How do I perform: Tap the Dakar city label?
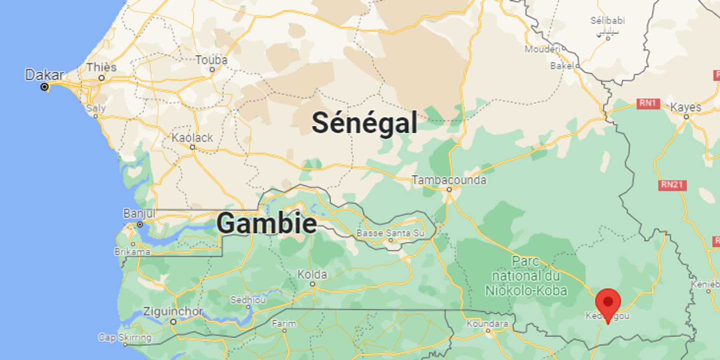pyautogui.click(x=44, y=75)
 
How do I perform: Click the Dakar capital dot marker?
pyautogui.click(x=44, y=87)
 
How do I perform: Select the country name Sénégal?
pyautogui.click(x=364, y=122)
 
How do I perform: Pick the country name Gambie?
pyautogui.click(x=266, y=223)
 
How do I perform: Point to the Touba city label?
pyautogui.click(x=211, y=60)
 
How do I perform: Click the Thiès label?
pyautogui.click(x=101, y=67)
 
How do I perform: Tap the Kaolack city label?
pyautogui.click(x=192, y=137)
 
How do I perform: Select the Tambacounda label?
pyautogui.click(x=449, y=180)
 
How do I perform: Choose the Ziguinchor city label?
pyautogui.click(x=173, y=311)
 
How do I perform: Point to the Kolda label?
pyautogui.click(x=312, y=274)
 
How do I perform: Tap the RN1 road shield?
pyautogui.click(x=648, y=103)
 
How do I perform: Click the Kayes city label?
pyautogui.click(x=685, y=107)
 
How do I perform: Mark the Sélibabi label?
pyautogui.click(x=607, y=21)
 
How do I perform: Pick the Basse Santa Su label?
pyautogui.click(x=390, y=233)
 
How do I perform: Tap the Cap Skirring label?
pyautogui.click(x=124, y=337)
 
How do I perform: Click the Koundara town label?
pyautogui.click(x=487, y=323)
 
